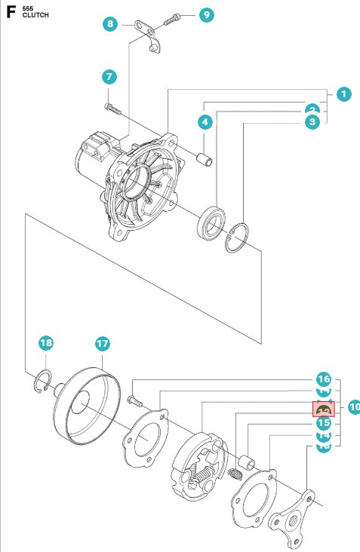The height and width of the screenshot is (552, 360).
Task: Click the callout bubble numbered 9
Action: pos(206,15)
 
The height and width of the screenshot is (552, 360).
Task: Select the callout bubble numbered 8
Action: pos(111,24)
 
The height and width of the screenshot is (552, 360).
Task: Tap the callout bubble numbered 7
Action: pos(110,77)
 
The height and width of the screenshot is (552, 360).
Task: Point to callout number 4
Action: pos(205,121)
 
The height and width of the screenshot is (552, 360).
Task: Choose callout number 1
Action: pos(343,95)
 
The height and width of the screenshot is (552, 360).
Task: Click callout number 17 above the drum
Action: pos(103,343)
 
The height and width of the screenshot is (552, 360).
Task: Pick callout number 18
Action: pos(47,343)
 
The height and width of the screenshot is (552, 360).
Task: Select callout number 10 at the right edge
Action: pos(353,408)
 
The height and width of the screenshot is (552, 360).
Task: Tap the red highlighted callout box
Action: pos(324,409)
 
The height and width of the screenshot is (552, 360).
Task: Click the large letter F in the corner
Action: pos(11,12)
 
